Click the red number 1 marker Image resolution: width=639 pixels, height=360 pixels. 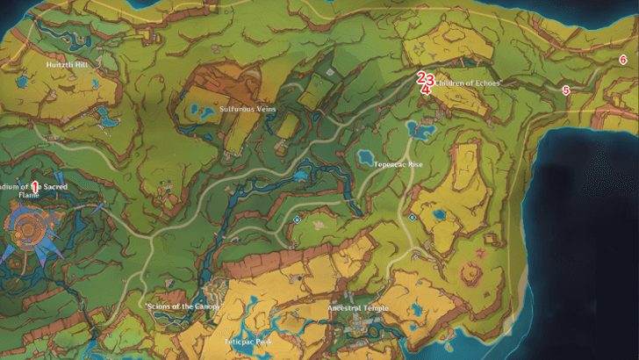34,186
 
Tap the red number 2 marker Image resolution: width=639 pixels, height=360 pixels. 421,77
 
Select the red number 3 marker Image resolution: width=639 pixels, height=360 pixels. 430,78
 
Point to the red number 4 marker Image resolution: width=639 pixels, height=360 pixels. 425,89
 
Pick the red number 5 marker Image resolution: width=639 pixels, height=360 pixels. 566,90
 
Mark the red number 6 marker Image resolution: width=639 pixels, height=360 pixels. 622,60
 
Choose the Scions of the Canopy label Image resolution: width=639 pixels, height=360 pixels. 182,306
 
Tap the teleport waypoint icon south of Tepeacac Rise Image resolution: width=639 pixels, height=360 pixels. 412,216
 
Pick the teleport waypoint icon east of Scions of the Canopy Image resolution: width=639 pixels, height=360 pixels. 298,220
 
